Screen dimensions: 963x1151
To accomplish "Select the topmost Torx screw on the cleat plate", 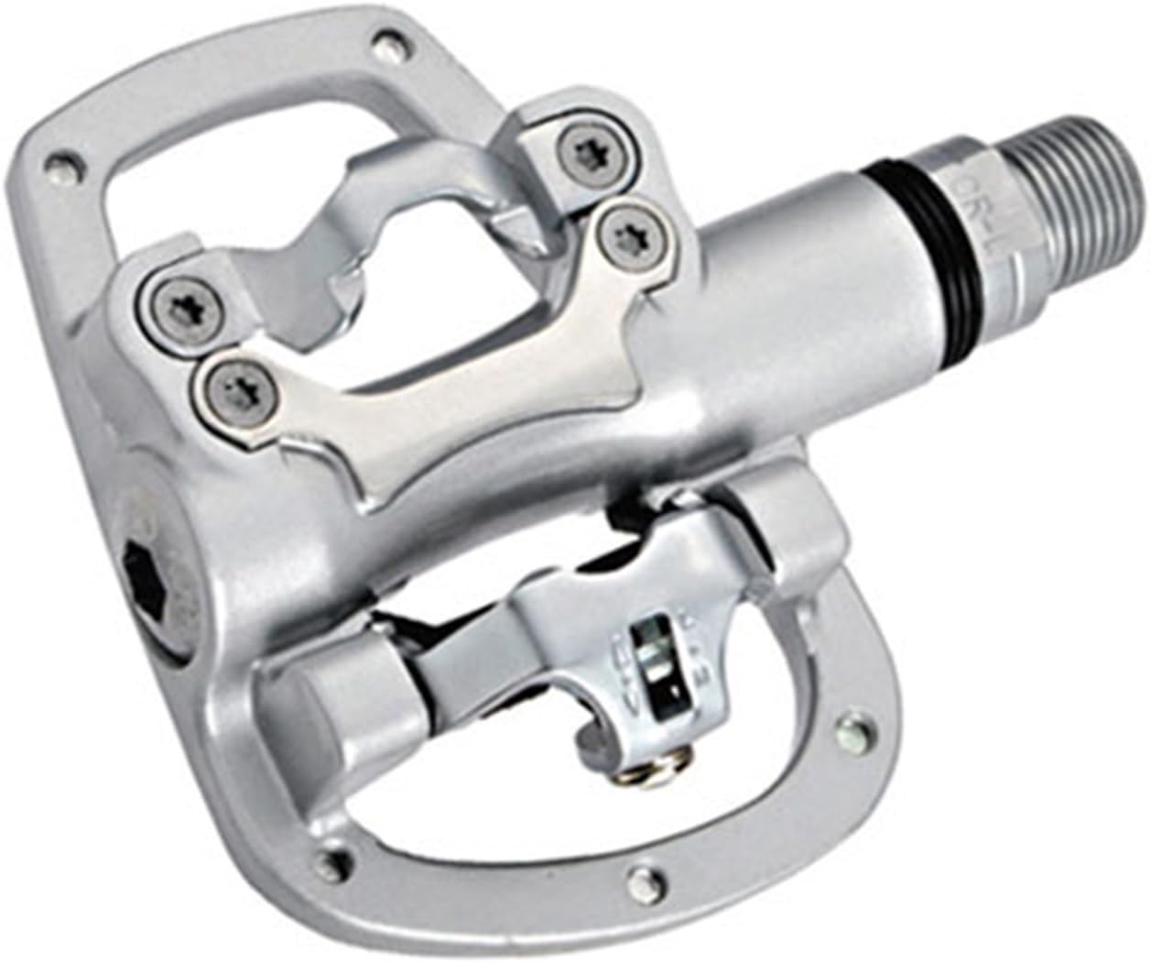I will tap(582, 147).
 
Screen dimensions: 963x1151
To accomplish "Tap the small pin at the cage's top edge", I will tap(377, 39).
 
